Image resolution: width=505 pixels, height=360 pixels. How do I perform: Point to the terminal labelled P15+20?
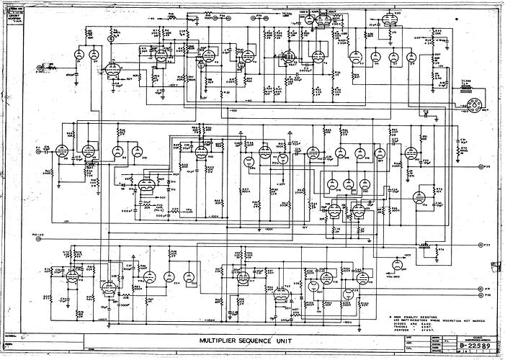click(x=38, y=235)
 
